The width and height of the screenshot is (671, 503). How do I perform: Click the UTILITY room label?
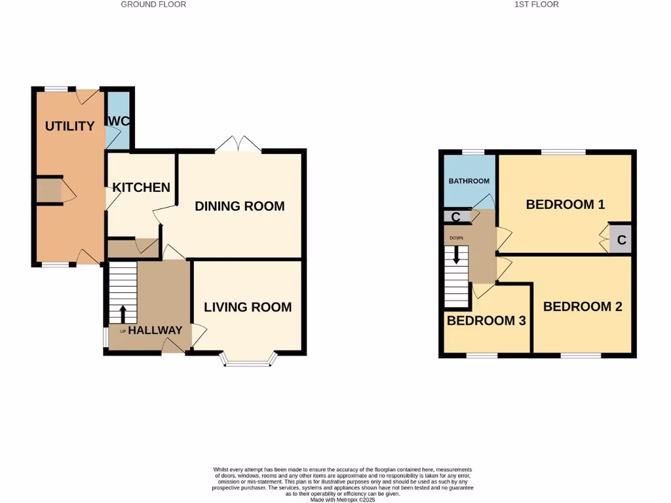[x=69, y=126]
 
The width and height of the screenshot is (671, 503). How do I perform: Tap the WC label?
[x=119, y=121]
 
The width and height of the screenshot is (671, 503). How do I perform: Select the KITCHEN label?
[x=142, y=187]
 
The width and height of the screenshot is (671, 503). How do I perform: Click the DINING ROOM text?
[x=240, y=206]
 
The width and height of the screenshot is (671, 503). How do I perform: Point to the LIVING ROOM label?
[x=248, y=307]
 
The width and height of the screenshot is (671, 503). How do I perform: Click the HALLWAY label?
[x=155, y=330]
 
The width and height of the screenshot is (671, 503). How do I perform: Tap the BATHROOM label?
[x=469, y=181]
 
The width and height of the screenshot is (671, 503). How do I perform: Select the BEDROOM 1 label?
[x=565, y=204]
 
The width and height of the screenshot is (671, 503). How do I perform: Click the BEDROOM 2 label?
[x=583, y=306]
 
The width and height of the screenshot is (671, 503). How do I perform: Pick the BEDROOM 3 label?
[x=486, y=320]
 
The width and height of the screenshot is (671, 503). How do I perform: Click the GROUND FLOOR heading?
[x=154, y=5]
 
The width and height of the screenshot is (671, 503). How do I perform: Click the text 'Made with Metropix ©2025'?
[x=343, y=500]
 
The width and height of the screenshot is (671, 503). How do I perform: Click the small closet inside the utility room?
[x=48, y=191]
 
